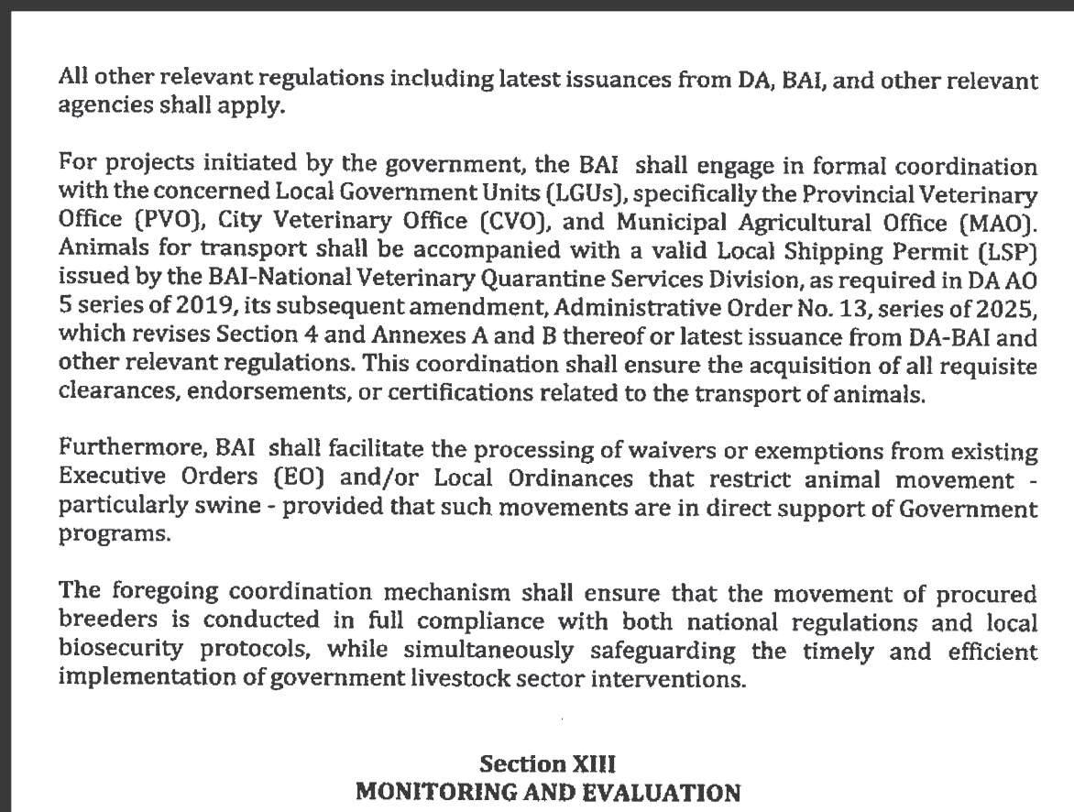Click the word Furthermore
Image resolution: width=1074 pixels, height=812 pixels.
click(x=132, y=451)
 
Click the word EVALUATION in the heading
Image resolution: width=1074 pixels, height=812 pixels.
click(x=647, y=791)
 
